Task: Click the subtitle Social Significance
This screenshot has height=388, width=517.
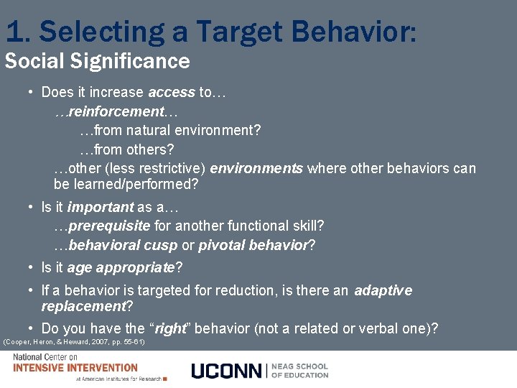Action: (x=97, y=61)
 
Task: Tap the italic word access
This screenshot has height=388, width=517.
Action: (x=171, y=92)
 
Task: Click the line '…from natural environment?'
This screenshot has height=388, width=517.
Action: (x=170, y=131)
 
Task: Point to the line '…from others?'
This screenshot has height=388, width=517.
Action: (x=126, y=149)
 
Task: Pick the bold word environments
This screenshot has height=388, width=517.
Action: (x=256, y=168)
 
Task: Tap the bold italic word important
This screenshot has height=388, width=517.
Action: (x=101, y=207)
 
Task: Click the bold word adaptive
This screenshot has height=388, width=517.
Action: (x=383, y=290)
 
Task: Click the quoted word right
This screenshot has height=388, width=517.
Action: (x=170, y=328)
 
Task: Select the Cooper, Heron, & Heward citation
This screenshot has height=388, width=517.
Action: (x=74, y=341)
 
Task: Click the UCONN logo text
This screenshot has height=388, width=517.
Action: (x=227, y=371)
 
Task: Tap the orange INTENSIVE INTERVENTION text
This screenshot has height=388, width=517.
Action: (x=75, y=368)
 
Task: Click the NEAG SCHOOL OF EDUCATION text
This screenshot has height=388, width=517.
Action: (x=300, y=370)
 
